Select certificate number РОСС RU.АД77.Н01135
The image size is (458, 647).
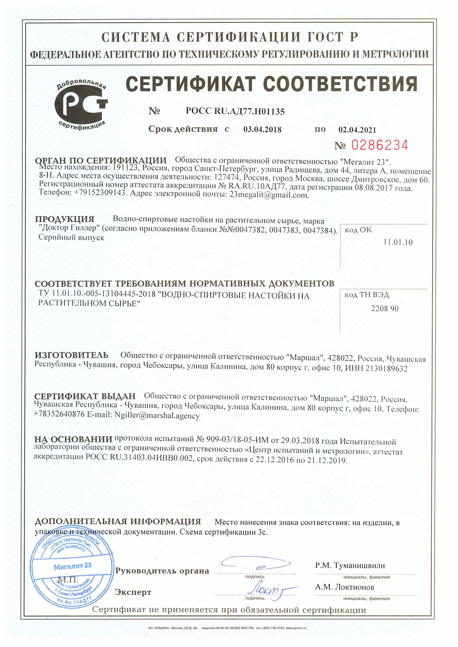[x=235, y=112]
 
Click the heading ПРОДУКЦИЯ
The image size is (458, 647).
[x=65, y=219]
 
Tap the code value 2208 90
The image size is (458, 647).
[x=385, y=309]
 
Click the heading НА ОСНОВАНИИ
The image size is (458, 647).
[x=73, y=439]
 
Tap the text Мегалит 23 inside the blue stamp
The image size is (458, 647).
[x=72, y=566]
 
